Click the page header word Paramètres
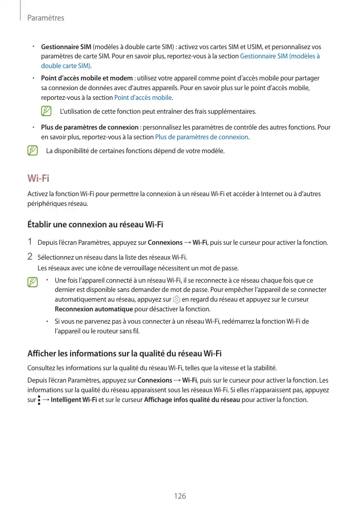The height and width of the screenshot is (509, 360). coord(46,18)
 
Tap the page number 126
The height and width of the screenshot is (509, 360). coord(180,496)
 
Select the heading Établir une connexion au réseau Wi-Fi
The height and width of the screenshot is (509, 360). coord(95,224)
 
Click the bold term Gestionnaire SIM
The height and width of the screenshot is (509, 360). coord(66,47)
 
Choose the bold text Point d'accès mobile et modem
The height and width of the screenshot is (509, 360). coord(86,78)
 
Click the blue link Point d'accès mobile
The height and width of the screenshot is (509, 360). coord(143,98)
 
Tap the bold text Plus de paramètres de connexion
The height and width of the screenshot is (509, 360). coord(90,128)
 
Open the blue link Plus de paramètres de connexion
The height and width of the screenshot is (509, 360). coord(202,137)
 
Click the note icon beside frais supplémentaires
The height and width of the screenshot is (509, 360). coord(47,111)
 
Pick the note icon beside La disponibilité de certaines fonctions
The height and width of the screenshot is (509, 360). coord(33,151)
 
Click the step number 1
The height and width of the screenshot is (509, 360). coord(31,242)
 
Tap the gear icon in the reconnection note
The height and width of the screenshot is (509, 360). coord(177,300)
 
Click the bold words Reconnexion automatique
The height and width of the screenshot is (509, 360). coord(94,309)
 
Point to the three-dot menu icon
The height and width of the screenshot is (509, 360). coord(39,399)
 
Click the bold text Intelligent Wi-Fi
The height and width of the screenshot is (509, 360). coord(74,399)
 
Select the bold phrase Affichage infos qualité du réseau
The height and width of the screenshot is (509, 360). coord(193,399)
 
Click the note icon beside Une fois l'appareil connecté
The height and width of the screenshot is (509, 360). coord(33,282)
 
